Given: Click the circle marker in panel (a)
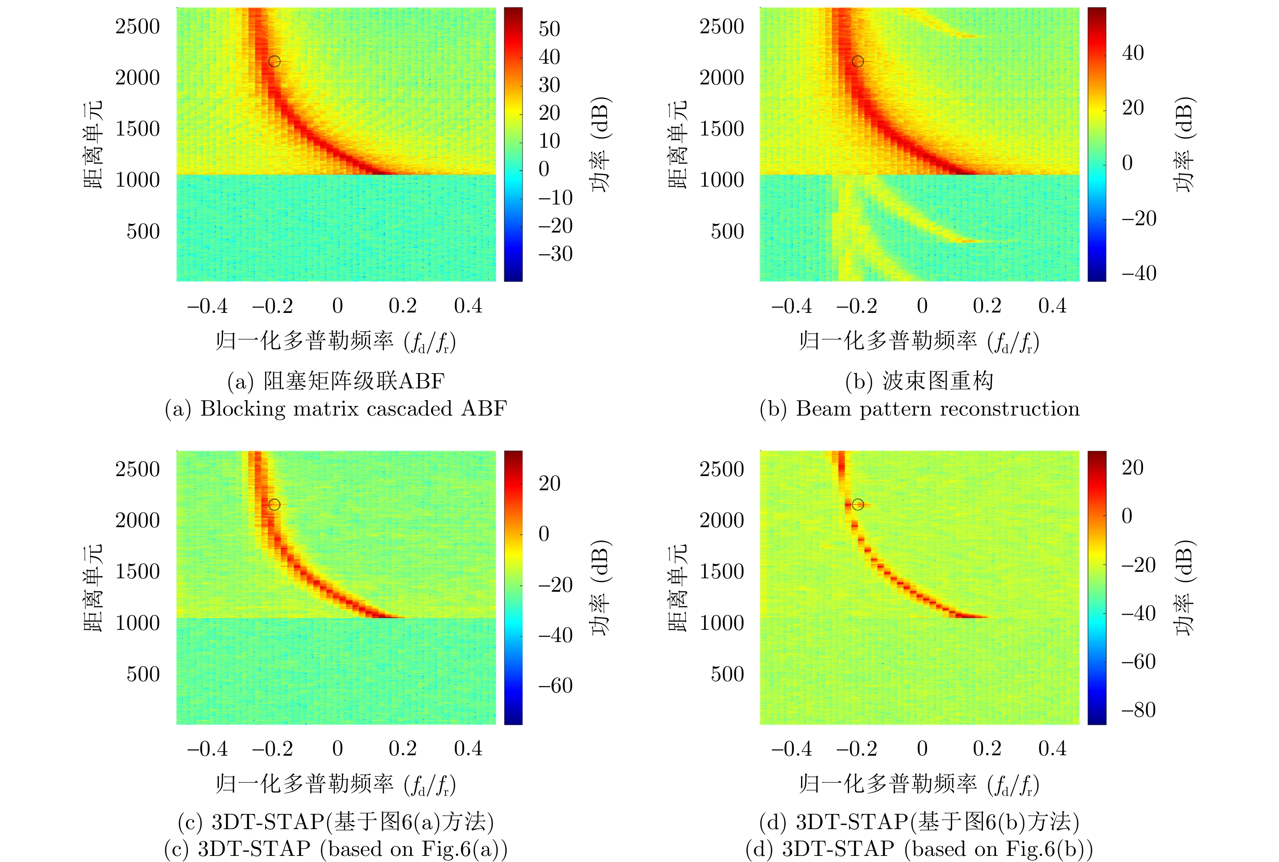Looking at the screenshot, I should point(274,61).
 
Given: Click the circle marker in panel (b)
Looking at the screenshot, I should point(858,61).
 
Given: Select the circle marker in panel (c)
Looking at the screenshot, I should point(274,504).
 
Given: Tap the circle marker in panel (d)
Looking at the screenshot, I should point(858,504).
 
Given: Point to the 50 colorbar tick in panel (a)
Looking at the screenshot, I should point(549,28).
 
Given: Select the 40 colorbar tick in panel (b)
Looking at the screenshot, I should point(1133,53).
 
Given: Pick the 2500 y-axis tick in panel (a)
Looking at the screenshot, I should point(138,26).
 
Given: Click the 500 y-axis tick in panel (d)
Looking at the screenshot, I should point(727,674).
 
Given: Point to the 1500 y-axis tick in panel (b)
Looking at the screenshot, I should point(722,129).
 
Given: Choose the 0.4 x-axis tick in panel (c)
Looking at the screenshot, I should point(468,748).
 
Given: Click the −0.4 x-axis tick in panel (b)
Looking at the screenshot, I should point(791,306).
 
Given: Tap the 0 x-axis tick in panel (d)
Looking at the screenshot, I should point(922,748).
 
